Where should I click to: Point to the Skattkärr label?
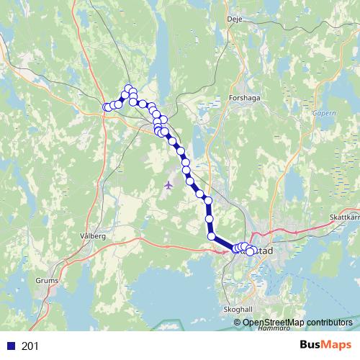click(343, 217)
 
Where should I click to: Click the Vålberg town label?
click(94, 235)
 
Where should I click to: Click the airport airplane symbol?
click(168, 185)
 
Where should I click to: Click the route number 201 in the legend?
click(30, 346)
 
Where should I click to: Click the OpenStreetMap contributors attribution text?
click(302, 323)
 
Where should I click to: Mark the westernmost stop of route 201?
click(107, 107)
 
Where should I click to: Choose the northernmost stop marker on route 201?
click(130, 89)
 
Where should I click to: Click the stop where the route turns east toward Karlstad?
click(212, 236)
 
